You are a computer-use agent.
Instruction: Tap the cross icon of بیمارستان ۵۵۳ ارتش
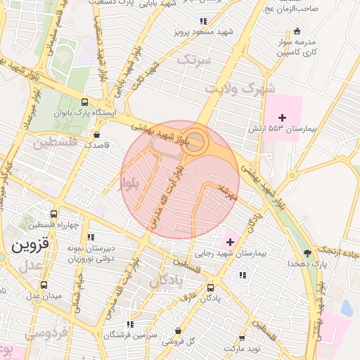pyautogui.click(x=283, y=117)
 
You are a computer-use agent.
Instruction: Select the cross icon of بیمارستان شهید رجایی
pyautogui.click(x=230, y=242)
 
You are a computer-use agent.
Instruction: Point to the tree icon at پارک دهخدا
pyautogui.click(x=307, y=252)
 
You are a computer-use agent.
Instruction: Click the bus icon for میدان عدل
pyautogui.click(x=45, y=285)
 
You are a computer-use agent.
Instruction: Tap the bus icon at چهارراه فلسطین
pyautogui.click(x=54, y=214)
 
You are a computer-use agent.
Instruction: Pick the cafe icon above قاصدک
pyautogui.click(x=96, y=134)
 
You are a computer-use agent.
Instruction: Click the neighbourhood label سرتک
pyautogui.click(x=193, y=60)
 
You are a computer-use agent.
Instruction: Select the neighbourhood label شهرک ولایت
pyautogui.click(x=238, y=89)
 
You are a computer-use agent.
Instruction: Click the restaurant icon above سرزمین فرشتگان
pyautogui.click(x=129, y=324)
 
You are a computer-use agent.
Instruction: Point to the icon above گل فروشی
pyautogui.click(x=178, y=330)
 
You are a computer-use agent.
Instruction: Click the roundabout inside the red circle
pyautogui.click(x=196, y=142)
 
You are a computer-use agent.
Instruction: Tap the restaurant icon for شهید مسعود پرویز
pyautogui.click(x=203, y=22)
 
